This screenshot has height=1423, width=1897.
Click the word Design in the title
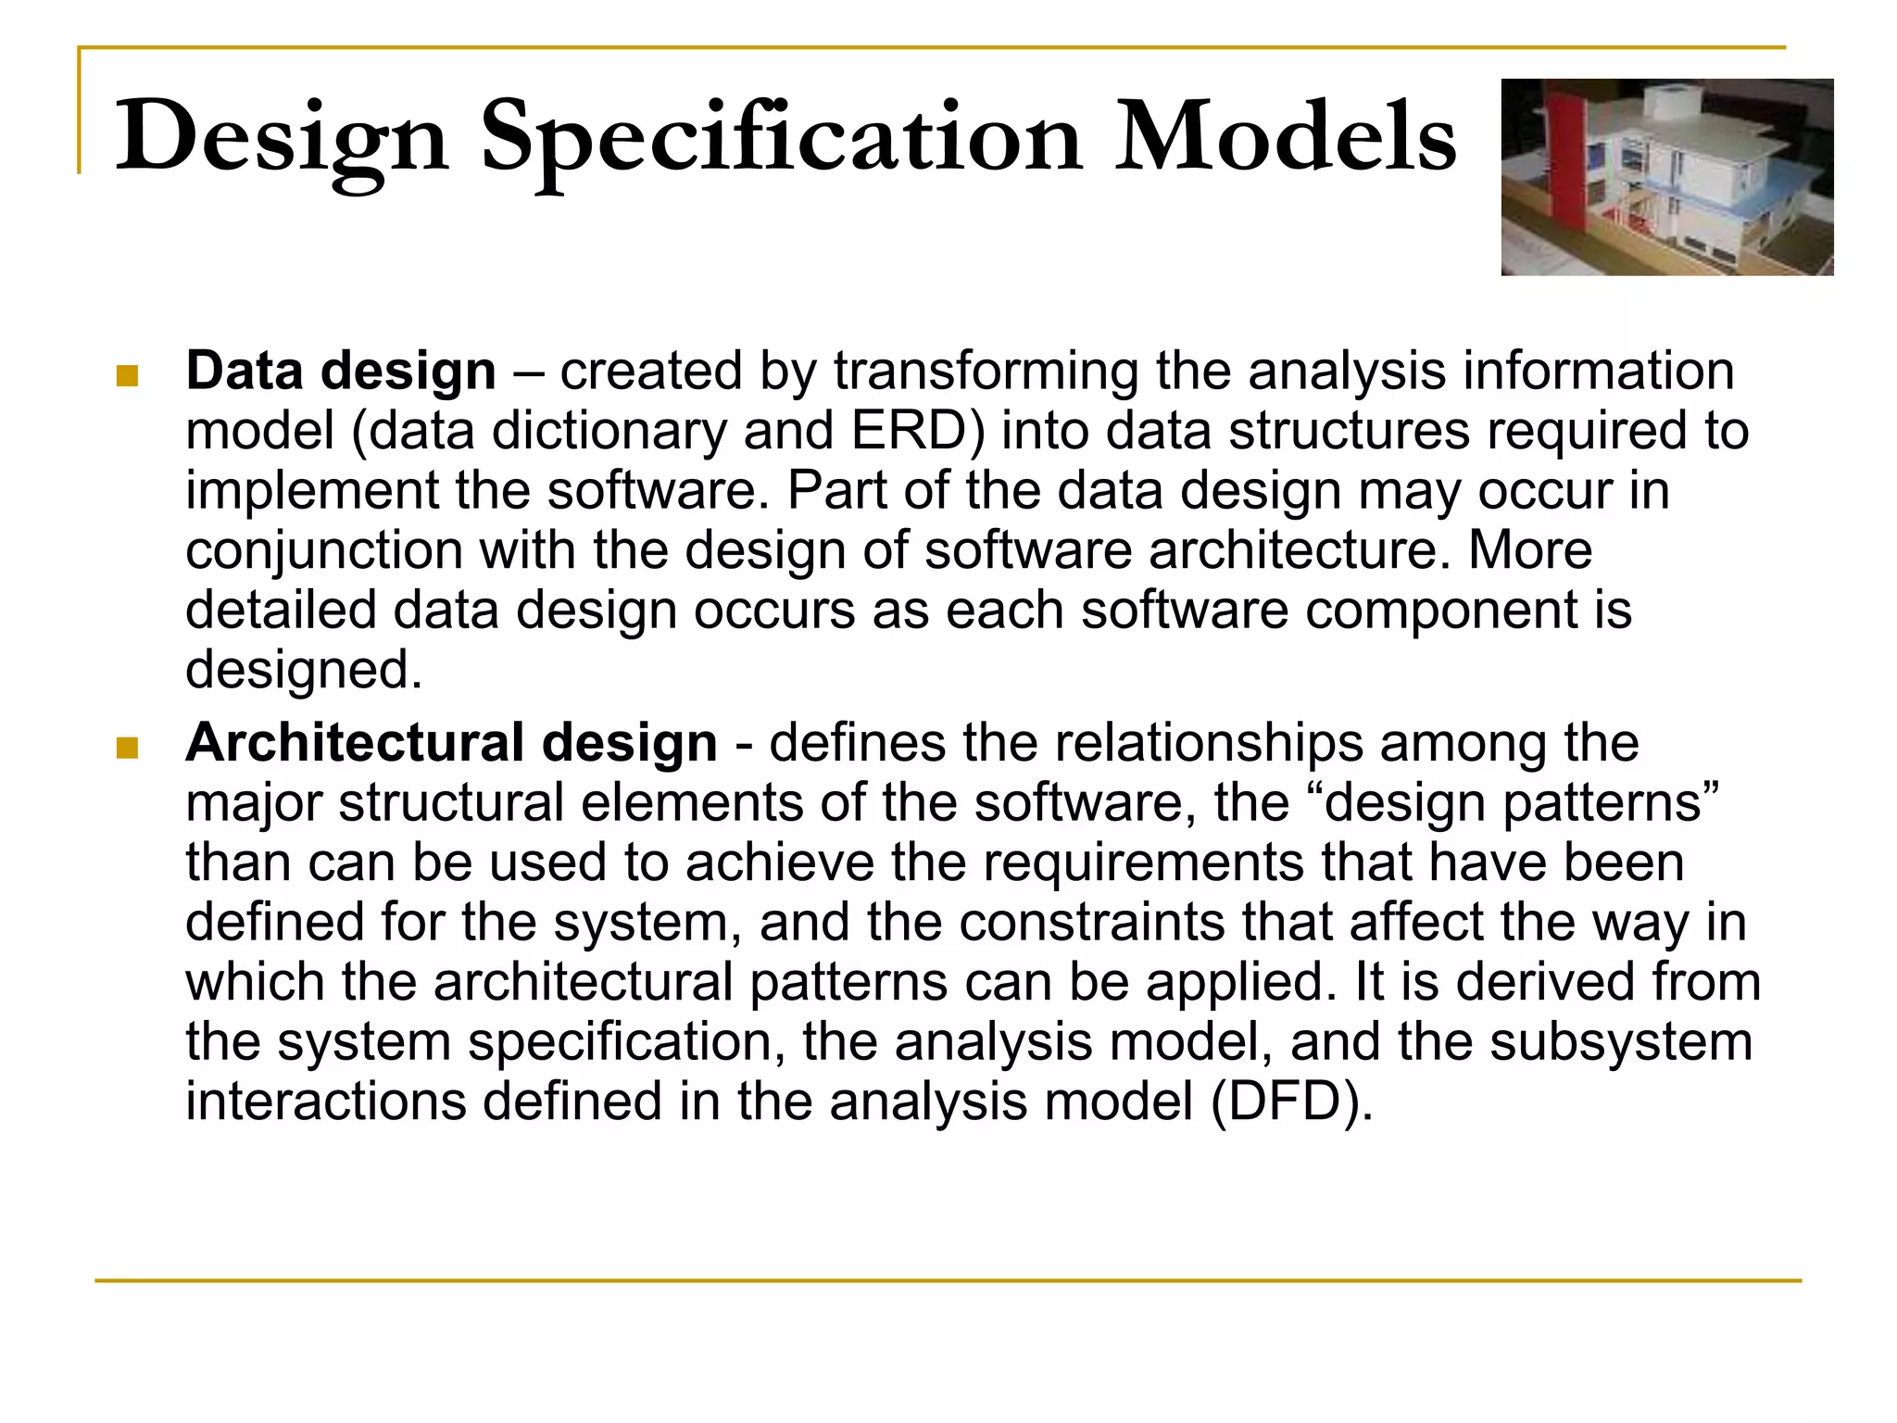click(x=282, y=139)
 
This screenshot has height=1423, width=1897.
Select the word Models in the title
click(x=1285, y=139)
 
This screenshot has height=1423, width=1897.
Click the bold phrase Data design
click(x=341, y=371)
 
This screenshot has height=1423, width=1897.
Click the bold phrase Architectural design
click(x=451, y=743)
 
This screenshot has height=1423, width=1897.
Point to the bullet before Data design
click(x=128, y=375)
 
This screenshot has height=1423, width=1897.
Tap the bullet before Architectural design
click(x=128, y=747)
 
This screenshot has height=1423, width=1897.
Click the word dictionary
click(x=609, y=432)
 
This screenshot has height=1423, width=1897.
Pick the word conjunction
click(x=323, y=551)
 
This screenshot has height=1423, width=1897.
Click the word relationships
click(x=1208, y=743)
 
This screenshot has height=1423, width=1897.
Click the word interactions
click(x=325, y=1102)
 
